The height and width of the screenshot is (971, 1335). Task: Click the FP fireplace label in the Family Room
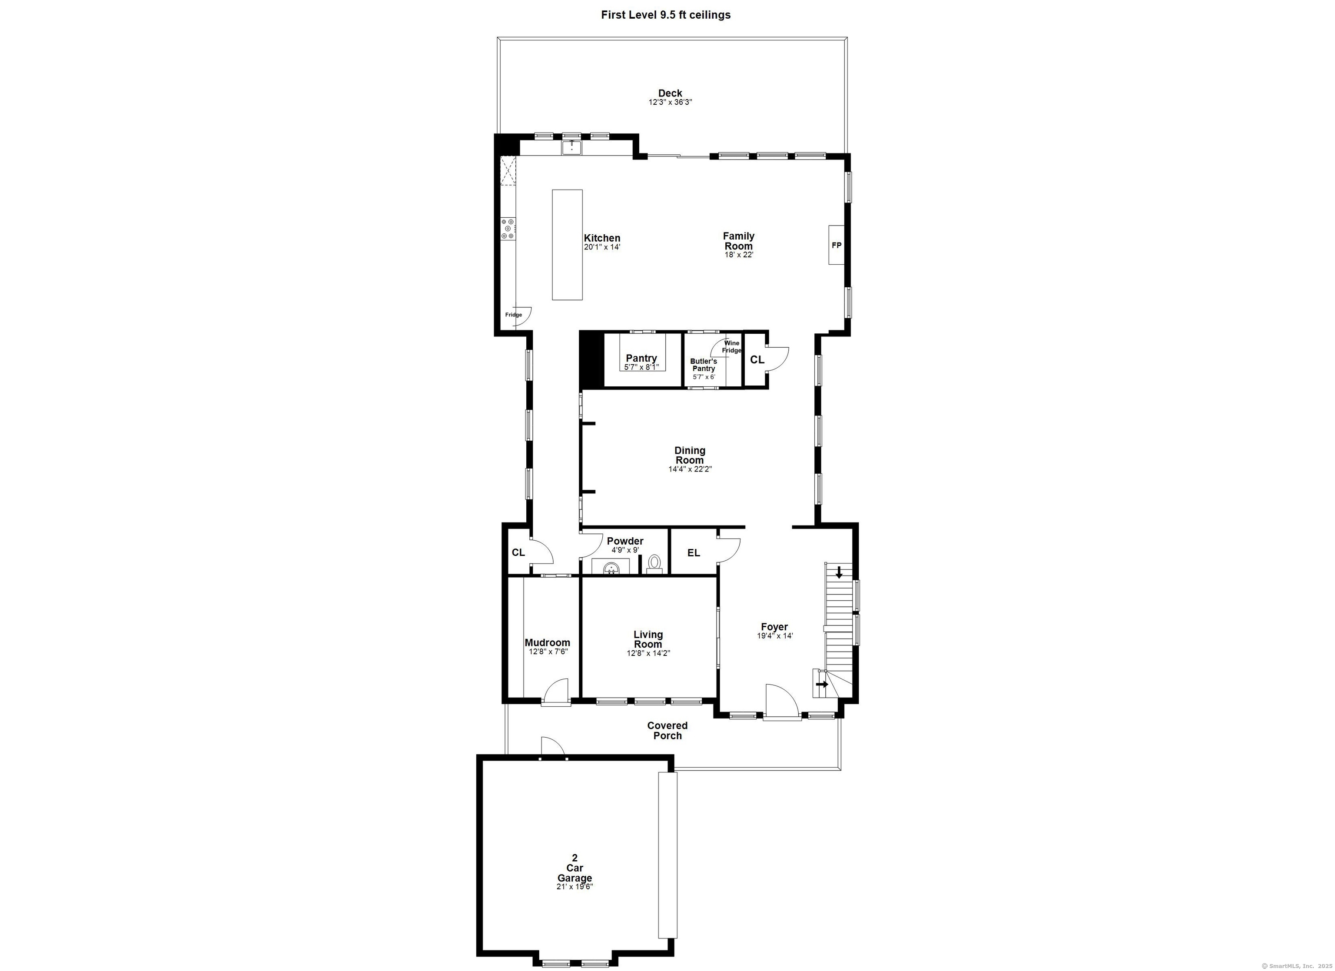point(836,245)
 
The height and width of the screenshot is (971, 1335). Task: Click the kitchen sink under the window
point(571,147)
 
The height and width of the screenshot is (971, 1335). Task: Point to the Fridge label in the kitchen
point(513,315)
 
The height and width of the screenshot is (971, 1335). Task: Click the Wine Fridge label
point(732,347)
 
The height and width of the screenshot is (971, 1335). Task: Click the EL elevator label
point(694,553)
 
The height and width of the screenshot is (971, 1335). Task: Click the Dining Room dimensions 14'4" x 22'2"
point(690,469)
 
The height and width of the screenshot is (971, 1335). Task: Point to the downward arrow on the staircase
point(839,572)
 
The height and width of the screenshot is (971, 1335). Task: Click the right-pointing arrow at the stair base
point(822,684)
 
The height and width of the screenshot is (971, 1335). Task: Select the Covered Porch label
point(667,731)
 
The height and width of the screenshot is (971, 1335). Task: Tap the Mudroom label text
point(548,642)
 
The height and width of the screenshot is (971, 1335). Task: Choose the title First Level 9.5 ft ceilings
point(666,15)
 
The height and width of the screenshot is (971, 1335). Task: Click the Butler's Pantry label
point(704,365)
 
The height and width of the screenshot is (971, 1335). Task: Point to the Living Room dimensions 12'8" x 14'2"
point(648,653)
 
